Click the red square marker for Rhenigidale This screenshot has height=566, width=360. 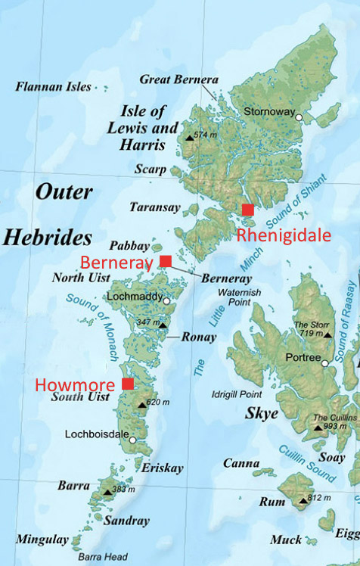[247, 210]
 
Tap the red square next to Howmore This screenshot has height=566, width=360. [128, 384]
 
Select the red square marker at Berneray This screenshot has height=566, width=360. [165, 262]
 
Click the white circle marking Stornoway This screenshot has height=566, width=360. [299, 117]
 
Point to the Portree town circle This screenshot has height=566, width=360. [326, 364]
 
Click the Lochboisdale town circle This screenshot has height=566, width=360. [132, 440]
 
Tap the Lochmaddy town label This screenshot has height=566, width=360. [133, 297]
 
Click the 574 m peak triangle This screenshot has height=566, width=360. [189, 137]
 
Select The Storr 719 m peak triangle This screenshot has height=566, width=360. [327, 334]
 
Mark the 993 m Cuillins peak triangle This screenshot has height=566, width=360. [318, 428]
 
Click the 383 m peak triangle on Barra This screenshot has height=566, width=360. [107, 491]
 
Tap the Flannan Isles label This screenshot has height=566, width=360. [53, 87]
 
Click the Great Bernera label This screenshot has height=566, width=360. [179, 79]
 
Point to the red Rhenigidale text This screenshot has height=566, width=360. [284, 235]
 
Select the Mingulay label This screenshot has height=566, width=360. [41, 540]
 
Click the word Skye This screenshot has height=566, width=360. [262, 414]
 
